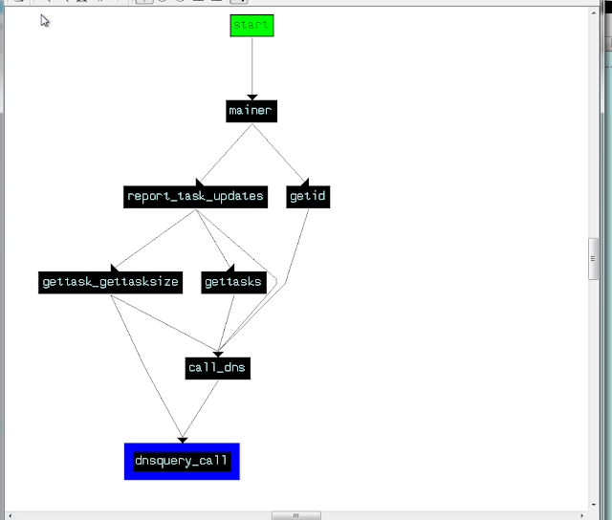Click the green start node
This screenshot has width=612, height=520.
point(251,26)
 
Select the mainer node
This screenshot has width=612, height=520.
point(251,111)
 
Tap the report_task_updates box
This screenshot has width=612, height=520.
point(195,197)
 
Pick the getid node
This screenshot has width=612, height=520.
point(308,197)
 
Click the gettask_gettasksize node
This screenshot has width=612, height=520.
point(111,282)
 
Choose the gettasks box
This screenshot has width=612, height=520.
point(233,282)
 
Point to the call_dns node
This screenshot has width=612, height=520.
point(218,368)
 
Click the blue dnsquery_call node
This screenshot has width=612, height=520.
point(182,462)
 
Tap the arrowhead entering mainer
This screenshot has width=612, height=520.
point(252,97)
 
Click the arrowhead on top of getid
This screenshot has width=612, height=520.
point(305,182)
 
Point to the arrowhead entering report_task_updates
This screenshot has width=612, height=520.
point(199,183)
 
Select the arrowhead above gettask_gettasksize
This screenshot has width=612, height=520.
point(115,268)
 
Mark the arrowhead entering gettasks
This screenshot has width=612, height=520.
point(230,268)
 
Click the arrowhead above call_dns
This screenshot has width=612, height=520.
point(218,355)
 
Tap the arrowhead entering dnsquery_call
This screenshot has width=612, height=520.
point(183,441)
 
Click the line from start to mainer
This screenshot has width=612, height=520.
point(252,66)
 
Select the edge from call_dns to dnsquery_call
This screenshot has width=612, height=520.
point(200,409)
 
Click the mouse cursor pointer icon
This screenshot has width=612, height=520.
point(45,21)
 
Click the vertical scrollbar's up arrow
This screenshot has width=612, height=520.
point(594,12)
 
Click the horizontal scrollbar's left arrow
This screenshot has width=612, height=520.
point(11,516)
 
